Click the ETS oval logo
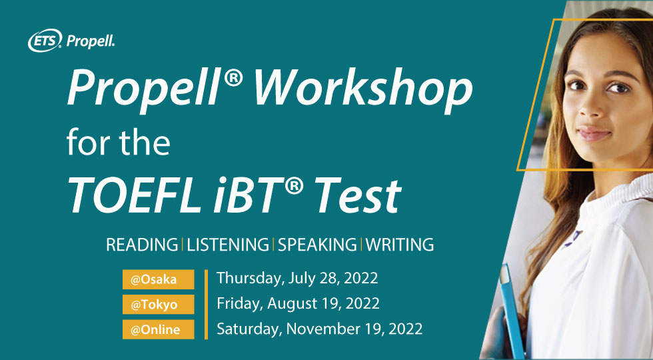tap(45, 41)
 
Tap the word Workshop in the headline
tap(362, 89)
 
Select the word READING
tap(142, 245)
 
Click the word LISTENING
tap(228, 245)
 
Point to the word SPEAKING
tap(317, 245)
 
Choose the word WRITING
tap(400, 245)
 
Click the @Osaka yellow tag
tap(159, 279)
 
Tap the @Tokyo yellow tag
tap(159, 305)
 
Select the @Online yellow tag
tap(159, 329)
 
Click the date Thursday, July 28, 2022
tap(297, 278)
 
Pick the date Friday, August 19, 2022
tap(299, 303)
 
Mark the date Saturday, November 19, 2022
tap(319, 329)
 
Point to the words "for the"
tap(119, 141)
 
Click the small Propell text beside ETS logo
tap(91, 41)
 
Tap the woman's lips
tap(593, 134)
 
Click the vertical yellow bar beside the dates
tap(206, 305)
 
